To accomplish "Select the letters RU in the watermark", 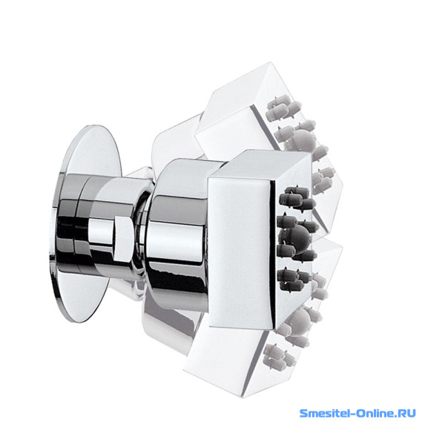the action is pos(408,413).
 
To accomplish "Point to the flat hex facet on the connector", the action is pos(123,238).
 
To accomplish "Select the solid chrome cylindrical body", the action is pos(177,236).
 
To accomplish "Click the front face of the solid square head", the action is pos(240,253).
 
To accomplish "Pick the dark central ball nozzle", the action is pos(295,237).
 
